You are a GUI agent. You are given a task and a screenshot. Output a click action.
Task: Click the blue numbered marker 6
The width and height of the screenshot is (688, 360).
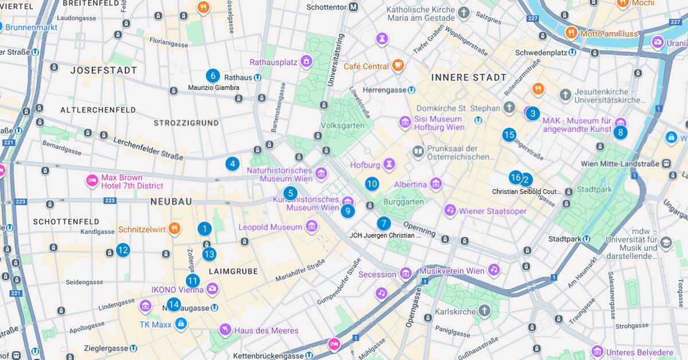[x=213, y=76]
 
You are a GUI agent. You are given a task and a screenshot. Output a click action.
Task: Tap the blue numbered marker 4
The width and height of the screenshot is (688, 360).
[x=232, y=164]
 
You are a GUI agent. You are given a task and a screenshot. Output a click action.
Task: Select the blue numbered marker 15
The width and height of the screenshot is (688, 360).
[x=509, y=135]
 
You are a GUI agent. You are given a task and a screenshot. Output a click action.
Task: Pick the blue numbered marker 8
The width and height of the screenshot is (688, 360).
[x=620, y=132]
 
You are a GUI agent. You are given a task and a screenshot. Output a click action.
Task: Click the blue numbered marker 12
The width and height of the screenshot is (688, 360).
[x=123, y=250]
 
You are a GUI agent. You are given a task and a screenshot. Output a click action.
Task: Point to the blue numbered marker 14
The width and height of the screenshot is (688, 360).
[x=174, y=305]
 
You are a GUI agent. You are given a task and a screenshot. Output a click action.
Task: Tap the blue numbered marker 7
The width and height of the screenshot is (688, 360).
[x=384, y=224]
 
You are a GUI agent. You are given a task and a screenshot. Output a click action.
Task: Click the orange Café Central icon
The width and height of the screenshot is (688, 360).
[x=398, y=66]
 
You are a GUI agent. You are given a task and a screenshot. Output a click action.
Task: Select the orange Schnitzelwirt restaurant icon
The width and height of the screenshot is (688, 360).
[x=174, y=229]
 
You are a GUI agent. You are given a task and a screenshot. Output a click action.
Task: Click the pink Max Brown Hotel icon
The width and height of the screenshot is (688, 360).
[x=92, y=181]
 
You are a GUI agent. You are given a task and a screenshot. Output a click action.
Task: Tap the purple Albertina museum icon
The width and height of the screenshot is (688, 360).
[x=436, y=184]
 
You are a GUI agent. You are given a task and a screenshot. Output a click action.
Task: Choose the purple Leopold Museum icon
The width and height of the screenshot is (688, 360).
[x=311, y=227]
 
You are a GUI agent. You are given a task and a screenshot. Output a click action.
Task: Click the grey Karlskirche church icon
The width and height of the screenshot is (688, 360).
[x=484, y=311]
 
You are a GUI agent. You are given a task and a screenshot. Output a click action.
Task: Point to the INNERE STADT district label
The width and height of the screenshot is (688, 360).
[x=469, y=77]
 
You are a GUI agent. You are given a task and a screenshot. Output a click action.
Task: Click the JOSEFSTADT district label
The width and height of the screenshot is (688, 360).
[x=104, y=71]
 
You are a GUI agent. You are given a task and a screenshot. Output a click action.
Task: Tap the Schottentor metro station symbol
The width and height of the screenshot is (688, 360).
[x=354, y=7]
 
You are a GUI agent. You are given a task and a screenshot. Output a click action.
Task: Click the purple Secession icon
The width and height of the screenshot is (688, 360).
[x=405, y=274]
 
